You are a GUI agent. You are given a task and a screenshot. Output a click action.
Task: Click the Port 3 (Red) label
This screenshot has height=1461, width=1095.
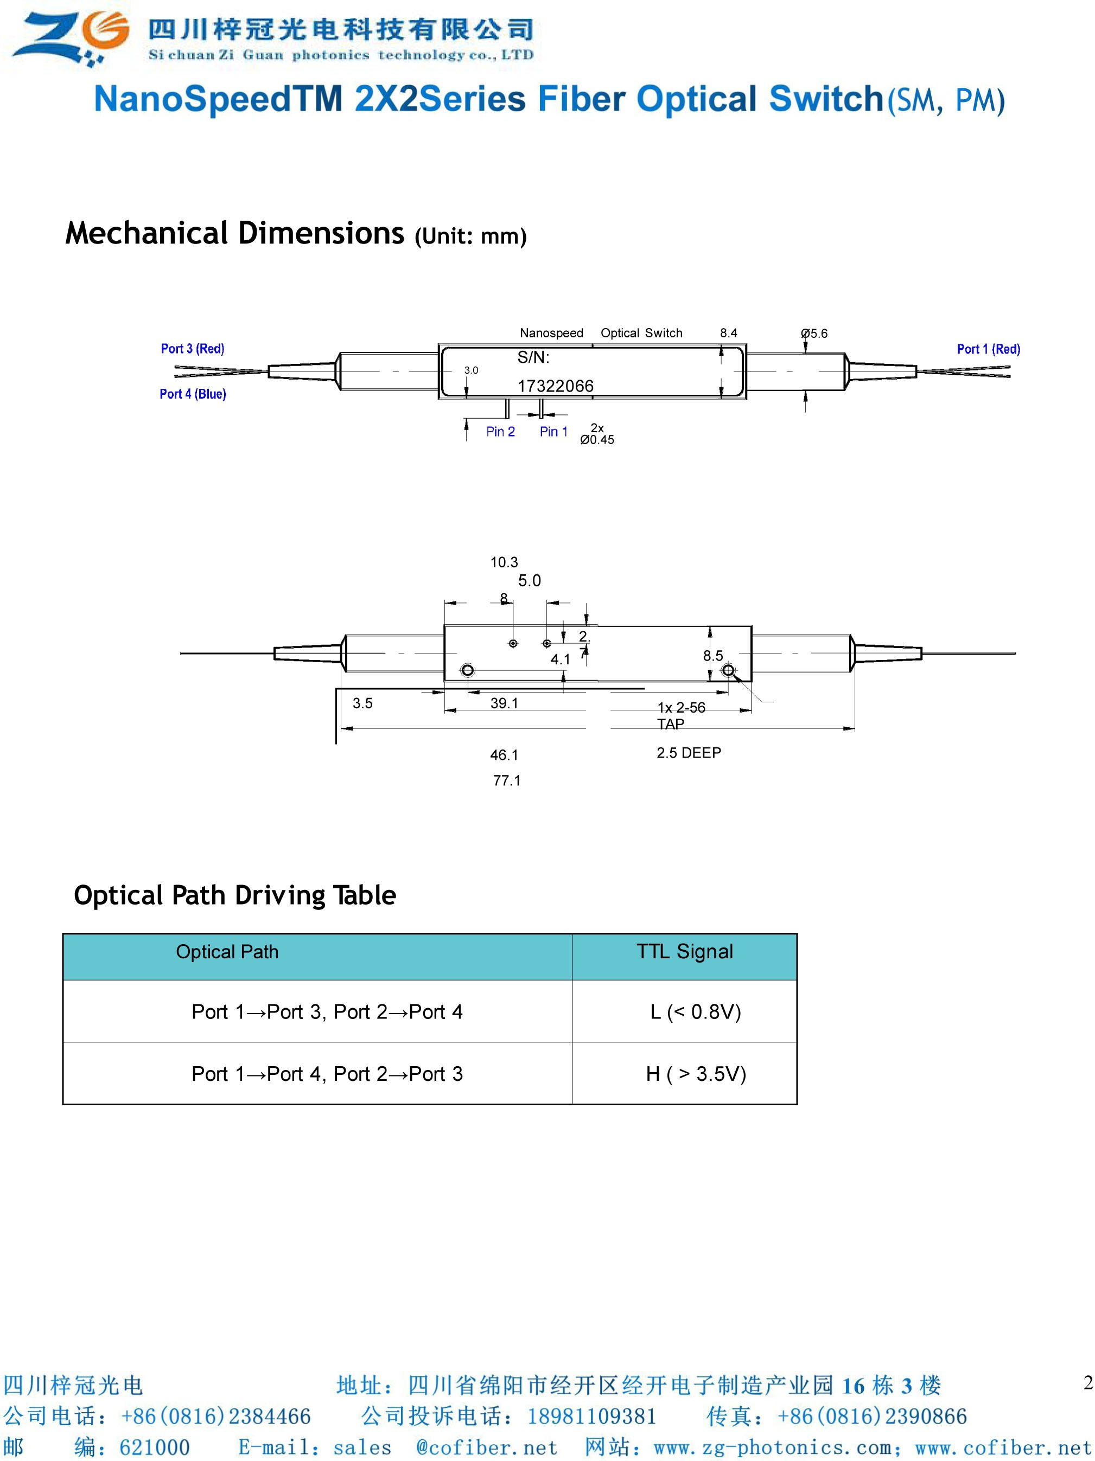tap(192, 349)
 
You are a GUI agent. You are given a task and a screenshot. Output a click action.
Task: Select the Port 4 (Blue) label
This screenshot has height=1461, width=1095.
tap(192, 394)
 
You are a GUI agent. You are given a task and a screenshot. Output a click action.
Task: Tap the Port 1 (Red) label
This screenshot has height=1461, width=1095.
tap(988, 349)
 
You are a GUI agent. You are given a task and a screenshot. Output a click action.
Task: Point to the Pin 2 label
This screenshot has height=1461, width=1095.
tap(500, 432)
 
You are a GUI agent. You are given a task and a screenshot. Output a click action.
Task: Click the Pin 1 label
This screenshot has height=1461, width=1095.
tap(553, 432)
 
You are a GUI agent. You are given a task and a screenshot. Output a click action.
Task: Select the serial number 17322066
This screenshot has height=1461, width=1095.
tap(555, 386)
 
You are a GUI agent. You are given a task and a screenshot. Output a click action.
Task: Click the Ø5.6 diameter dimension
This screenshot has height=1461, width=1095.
tap(813, 334)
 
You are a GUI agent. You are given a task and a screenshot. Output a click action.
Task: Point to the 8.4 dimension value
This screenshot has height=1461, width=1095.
tap(728, 334)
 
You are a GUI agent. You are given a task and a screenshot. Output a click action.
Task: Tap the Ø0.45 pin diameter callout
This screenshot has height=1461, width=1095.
tap(597, 440)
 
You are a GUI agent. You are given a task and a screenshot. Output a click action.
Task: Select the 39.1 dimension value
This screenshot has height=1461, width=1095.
tap(504, 703)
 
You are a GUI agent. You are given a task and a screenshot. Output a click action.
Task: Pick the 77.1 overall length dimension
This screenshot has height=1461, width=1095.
tap(506, 781)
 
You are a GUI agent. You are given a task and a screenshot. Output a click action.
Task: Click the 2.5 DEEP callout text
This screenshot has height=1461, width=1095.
tap(689, 753)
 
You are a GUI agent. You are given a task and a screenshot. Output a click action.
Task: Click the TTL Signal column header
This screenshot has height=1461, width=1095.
tap(685, 952)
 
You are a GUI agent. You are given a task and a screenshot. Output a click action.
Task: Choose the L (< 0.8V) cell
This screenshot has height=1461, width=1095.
tap(695, 1012)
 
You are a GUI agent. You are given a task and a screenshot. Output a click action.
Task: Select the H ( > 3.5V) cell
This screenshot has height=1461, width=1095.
tap(696, 1074)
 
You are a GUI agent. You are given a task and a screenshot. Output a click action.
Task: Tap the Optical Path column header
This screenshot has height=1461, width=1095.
tap(227, 952)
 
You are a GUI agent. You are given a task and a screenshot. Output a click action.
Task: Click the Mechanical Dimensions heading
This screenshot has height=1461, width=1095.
tap(234, 234)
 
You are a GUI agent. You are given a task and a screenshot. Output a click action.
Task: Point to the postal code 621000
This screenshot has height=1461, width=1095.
tap(154, 1448)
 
